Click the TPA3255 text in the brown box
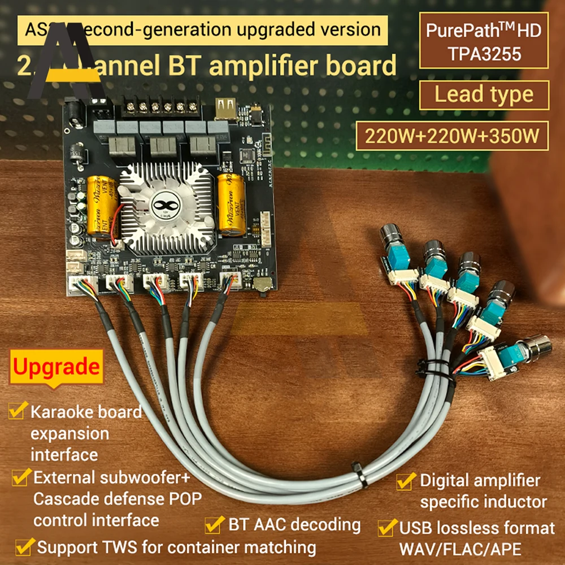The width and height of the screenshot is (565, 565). (484, 53)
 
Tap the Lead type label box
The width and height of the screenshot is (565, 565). (484, 94)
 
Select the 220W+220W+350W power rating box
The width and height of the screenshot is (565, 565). (451, 136)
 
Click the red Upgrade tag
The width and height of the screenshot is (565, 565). (56, 367)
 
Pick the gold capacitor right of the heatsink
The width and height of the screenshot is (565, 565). (232, 204)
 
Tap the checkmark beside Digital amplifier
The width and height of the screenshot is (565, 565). (406, 481)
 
